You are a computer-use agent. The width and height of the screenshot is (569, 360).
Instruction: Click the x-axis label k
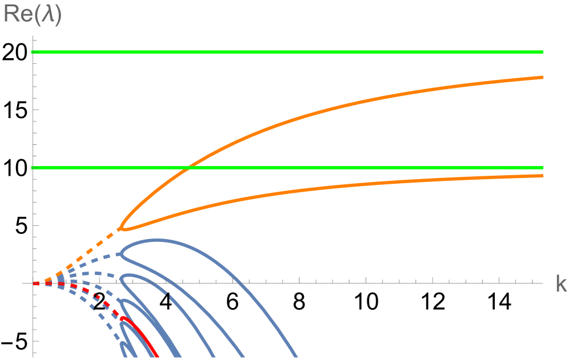tap(560, 284)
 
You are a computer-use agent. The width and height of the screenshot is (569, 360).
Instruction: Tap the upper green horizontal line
tap(285, 52)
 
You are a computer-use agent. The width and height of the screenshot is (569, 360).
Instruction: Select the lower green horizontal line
tap(342, 168)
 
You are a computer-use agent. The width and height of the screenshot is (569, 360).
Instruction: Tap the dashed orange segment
tap(86, 253)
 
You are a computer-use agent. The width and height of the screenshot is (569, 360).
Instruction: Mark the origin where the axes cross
tap(34, 283)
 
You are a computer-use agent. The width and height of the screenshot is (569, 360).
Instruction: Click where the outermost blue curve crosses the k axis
tap(242, 283)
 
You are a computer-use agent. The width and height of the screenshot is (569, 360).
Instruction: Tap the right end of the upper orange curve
tap(542, 76)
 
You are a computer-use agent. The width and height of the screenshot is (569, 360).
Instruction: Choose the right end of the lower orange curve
tap(542, 175)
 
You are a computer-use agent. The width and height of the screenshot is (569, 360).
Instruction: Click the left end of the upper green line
tap(33, 52)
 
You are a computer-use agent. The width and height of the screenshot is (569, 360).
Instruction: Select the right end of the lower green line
tap(542, 168)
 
